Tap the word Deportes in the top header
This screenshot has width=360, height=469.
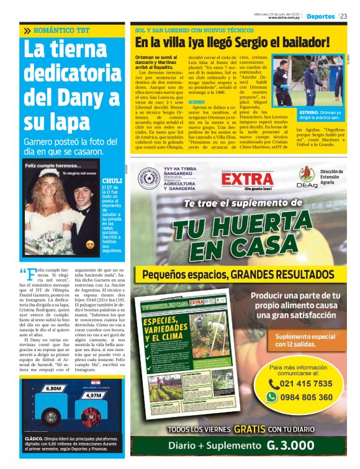(x=320, y=16)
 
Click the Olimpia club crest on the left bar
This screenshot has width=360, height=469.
(x=52, y=416)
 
